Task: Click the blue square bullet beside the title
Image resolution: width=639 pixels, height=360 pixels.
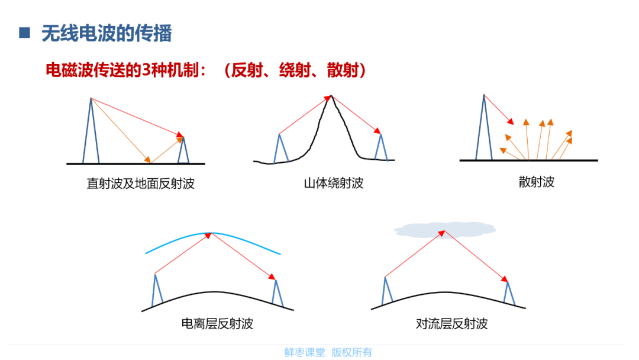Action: tap(24, 33)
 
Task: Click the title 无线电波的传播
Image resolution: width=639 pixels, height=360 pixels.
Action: tap(106, 33)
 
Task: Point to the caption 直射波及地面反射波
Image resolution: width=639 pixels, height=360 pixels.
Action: tap(141, 184)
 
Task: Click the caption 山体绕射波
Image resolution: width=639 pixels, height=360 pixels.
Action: tap(333, 183)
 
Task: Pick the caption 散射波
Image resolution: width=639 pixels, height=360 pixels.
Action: tap(536, 182)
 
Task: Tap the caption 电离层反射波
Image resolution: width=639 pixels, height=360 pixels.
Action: tap(217, 324)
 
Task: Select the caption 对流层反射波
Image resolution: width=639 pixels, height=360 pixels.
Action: tap(451, 324)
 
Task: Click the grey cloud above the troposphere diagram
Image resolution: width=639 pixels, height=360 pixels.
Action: tap(445, 230)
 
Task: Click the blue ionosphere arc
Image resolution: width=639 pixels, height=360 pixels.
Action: tap(213, 234)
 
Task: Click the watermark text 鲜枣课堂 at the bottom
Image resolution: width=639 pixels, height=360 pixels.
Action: tap(305, 352)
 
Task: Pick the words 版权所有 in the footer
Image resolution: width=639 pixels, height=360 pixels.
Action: tap(351, 352)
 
